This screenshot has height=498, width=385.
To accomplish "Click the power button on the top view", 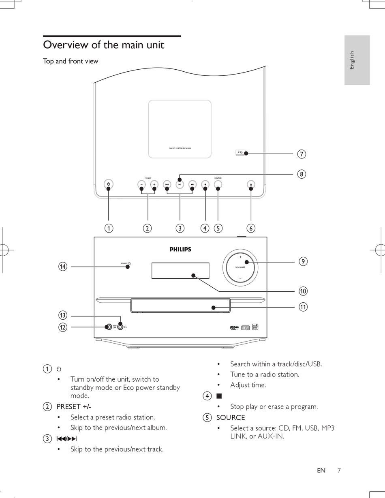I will [x=108, y=185].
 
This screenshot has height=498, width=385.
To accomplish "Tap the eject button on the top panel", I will [x=251, y=185].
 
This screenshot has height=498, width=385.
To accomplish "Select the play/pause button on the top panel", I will [x=180, y=185].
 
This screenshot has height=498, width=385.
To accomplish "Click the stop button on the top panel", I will [x=205, y=185].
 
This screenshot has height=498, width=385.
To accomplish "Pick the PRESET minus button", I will [x=141, y=185].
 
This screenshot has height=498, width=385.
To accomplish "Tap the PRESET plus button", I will [x=154, y=185].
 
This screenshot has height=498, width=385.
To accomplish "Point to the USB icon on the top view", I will [x=240, y=152].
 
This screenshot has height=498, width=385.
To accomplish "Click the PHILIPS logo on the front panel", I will [x=180, y=250].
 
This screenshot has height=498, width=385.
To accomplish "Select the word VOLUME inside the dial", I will [x=240, y=267].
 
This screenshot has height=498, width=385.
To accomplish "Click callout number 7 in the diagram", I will [x=301, y=154].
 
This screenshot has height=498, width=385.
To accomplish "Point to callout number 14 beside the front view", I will [x=62, y=267].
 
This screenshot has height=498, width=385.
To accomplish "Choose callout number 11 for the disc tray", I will [x=303, y=307].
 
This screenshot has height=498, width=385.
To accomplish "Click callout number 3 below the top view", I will [x=180, y=228].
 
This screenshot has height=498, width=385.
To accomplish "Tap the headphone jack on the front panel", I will [x=120, y=326].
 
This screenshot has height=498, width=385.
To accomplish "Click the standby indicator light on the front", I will [x=129, y=263].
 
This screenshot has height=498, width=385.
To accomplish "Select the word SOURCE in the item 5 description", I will [x=231, y=417].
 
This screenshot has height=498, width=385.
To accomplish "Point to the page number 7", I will [x=339, y=470].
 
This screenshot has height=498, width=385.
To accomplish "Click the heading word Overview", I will [x=65, y=45].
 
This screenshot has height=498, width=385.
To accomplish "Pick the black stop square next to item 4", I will [x=219, y=396].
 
